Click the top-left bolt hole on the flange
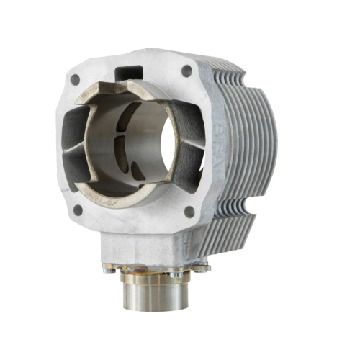[x=76, y=79]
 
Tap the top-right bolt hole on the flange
[x=187, y=71]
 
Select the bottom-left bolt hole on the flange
[x=78, y=210]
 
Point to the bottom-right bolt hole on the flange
[x=189, y=212]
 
